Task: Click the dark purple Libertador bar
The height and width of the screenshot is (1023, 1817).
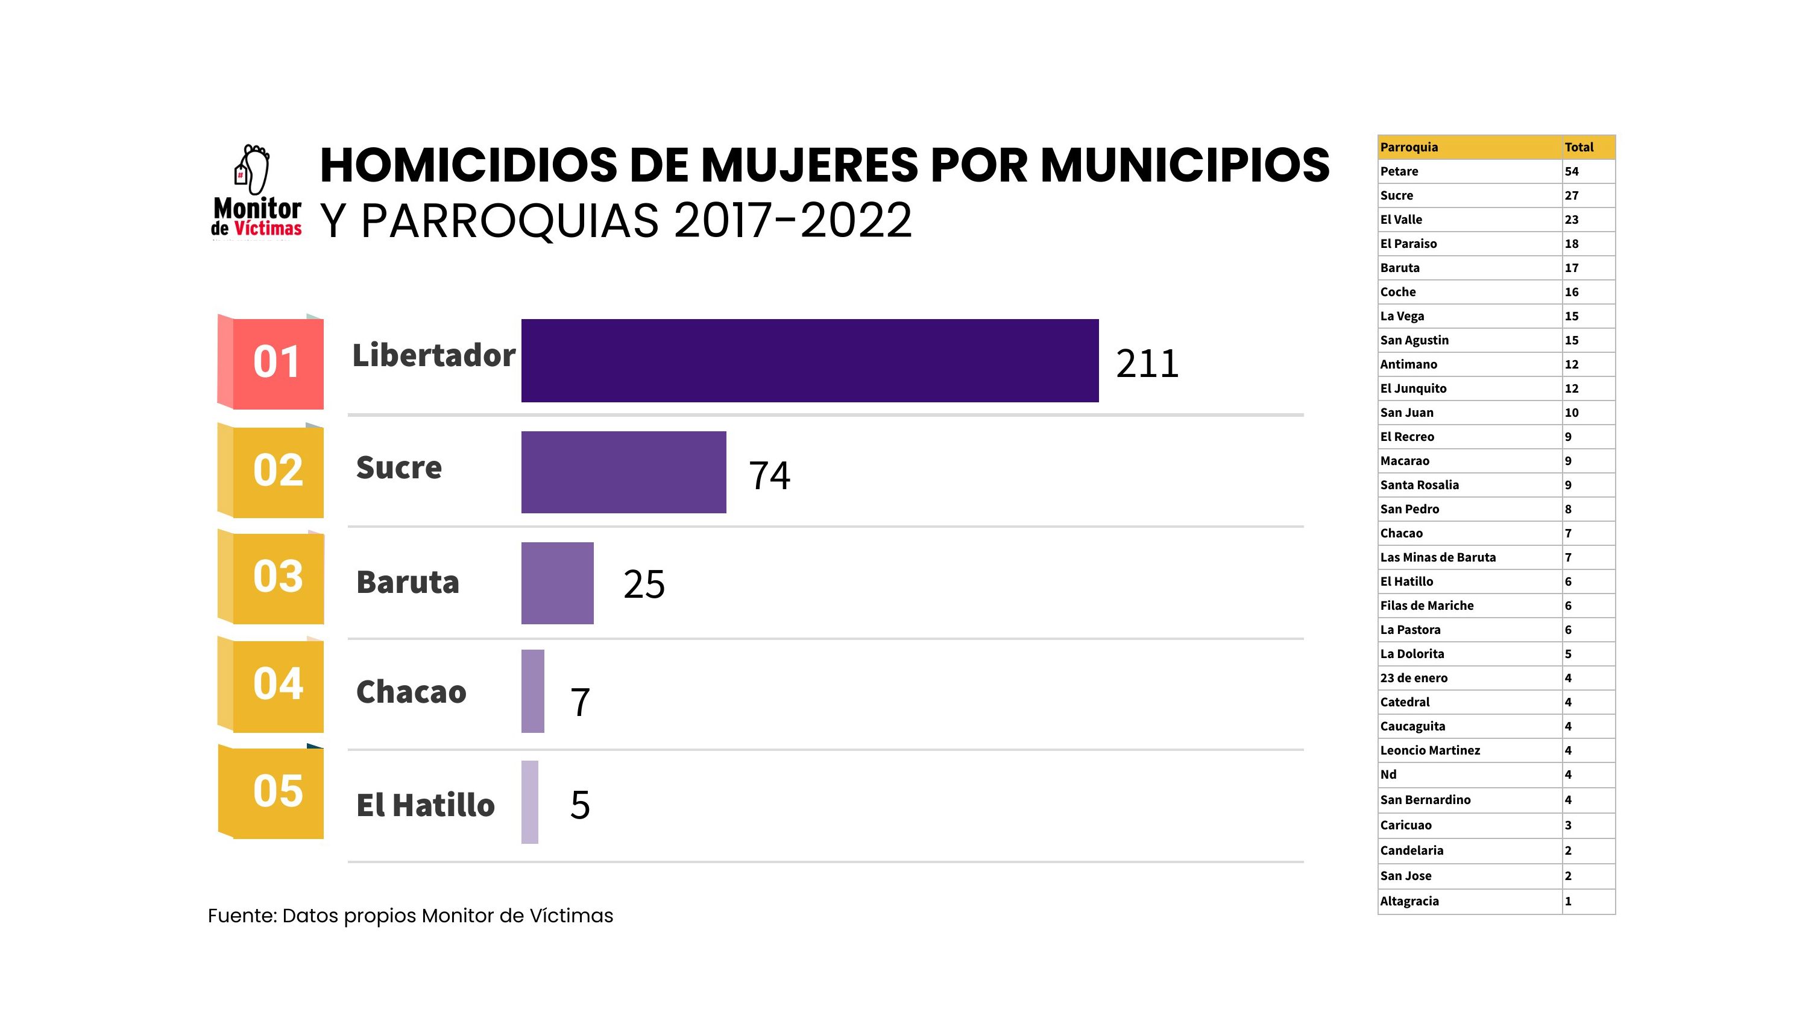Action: pyautogui.click(x=809, y=361)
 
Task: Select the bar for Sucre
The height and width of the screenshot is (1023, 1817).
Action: pyautogui.click(x=623, y=472)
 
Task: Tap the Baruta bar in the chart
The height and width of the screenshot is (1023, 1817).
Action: pyautogui.click(x=557, y=583)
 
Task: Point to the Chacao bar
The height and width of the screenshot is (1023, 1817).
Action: pyautogui.click(x=532, y=691)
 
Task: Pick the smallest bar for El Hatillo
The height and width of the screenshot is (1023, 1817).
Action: pyautogui.click(x=530, y=802)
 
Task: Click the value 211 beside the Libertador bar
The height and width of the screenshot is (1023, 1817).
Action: pyautogui.click(x=1147, y=364)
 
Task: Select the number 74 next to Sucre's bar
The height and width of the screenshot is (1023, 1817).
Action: pyautogui.click(x=769, y=475)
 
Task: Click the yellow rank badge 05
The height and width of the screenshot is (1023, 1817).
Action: pyautogui.click(x=277, y=791)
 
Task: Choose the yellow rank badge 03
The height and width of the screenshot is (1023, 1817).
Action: pyautogui.click(x=277, y=577)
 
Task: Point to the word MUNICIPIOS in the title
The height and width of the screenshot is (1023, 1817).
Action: pyautogui.click(x=1185, y=165)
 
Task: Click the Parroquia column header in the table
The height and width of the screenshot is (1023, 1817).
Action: pyautogui.click(x=1409, y=147)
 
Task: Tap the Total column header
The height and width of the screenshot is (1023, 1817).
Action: pyautogui.click(x=1579, y=147)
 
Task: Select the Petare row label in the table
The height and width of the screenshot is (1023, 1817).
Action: pyautogui.click(x=1399, y=171)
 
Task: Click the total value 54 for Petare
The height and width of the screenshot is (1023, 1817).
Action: pyautogui.click(x=1572, y=171)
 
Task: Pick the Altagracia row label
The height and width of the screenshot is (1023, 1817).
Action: pyautogui.click(x=1409, y=901)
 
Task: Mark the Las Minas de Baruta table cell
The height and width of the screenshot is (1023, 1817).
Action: pyautogui.click(x=1438, y=557)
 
